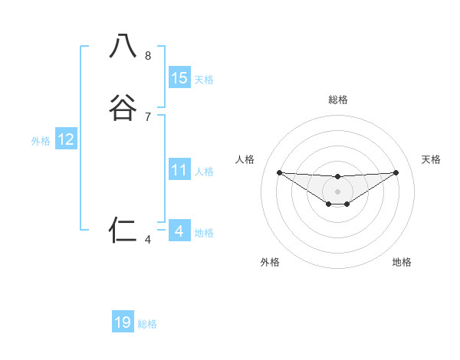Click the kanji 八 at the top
pos(123,47)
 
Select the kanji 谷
pos(123,107)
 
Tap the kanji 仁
pos(123,229)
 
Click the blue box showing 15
pos(179,78)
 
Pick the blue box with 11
pos(179,170)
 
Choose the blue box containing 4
pos(179,231)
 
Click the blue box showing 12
pos(66,139)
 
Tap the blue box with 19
pos(123,322)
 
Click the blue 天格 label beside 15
pos(204,80)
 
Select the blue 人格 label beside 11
pos(204,172)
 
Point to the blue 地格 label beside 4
pos(204,233)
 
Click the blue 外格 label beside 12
pos(41,141)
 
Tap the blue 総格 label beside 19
pos(147,324)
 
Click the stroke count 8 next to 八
pos(148,56)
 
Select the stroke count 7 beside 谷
pos(148,117)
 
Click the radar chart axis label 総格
pos(337,100)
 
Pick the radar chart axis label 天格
pos(432,159)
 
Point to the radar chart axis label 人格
pos(245,159)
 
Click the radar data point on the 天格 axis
pos(396,172)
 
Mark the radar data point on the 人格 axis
pos(279,172)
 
